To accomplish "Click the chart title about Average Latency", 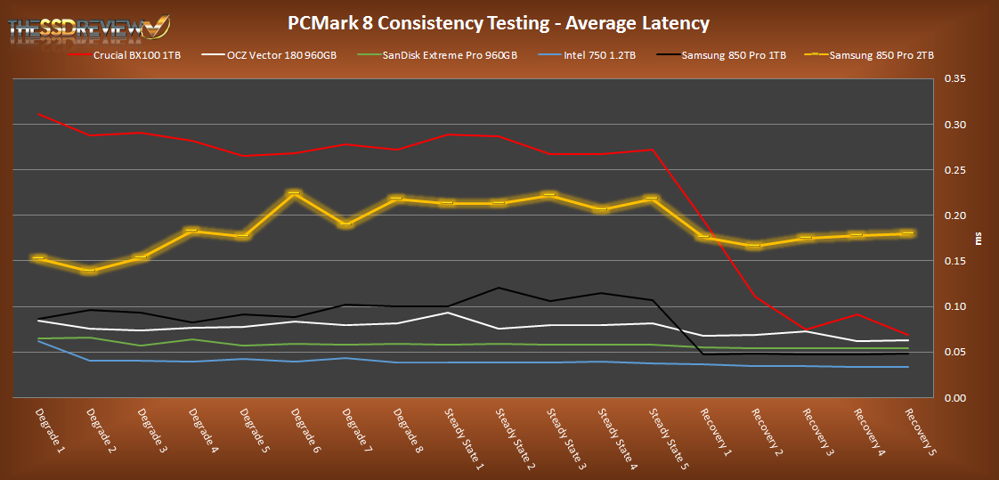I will pos(499,22).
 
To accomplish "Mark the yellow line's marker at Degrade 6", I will pos(294,193).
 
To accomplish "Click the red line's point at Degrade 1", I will pos(38,114).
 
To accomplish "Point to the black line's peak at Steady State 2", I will pos(499,288).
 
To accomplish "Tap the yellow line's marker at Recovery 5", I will pos(907,233).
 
